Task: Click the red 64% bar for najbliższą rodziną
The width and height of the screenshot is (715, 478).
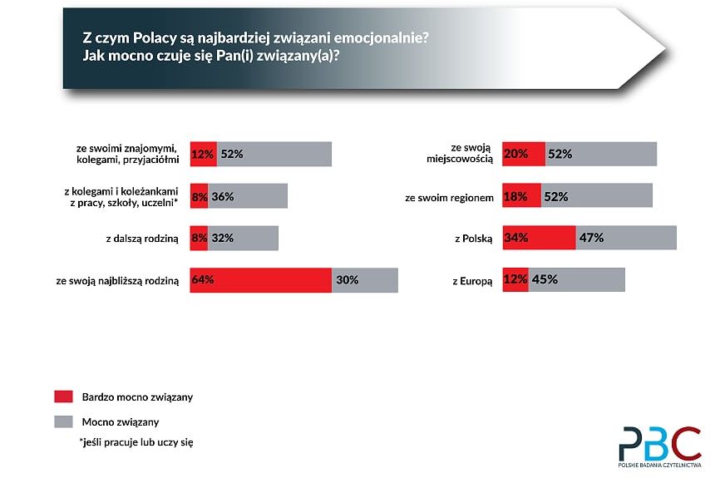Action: [x=260, y=280]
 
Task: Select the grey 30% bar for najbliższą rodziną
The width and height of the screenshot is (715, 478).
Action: [x=365, y=280]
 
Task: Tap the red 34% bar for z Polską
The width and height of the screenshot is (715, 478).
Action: [x=539, y=238]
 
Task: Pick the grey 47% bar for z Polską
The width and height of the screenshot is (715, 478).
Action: [x=626, y=238]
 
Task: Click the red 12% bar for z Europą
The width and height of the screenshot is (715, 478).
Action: [x=515, y=280]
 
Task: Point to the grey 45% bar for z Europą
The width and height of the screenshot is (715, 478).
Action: [x=576, y=280]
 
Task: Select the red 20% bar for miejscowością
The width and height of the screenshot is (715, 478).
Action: [x=524, y=154]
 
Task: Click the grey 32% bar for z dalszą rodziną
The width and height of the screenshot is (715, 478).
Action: [x=243, y=238]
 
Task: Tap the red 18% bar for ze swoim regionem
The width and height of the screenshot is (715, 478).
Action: [x=521, y=196]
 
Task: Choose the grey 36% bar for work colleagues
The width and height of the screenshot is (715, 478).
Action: [x=248, y=196]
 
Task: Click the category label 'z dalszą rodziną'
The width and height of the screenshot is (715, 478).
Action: [x=142, y=239]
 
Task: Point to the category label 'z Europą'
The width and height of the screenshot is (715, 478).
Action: [x=472, y=281]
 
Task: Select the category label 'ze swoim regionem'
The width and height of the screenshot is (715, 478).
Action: [x=450, y=197]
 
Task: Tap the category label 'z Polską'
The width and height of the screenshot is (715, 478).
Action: [x=473, y=239]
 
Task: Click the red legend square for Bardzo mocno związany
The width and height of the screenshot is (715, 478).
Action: [x=63, y=397]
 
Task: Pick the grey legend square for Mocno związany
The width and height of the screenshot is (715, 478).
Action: [x=63, y=421]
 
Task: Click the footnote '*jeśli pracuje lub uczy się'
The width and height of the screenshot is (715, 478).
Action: [x=136, y=441]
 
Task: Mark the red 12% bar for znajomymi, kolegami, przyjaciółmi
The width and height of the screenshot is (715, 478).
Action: [x=203, y=154]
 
